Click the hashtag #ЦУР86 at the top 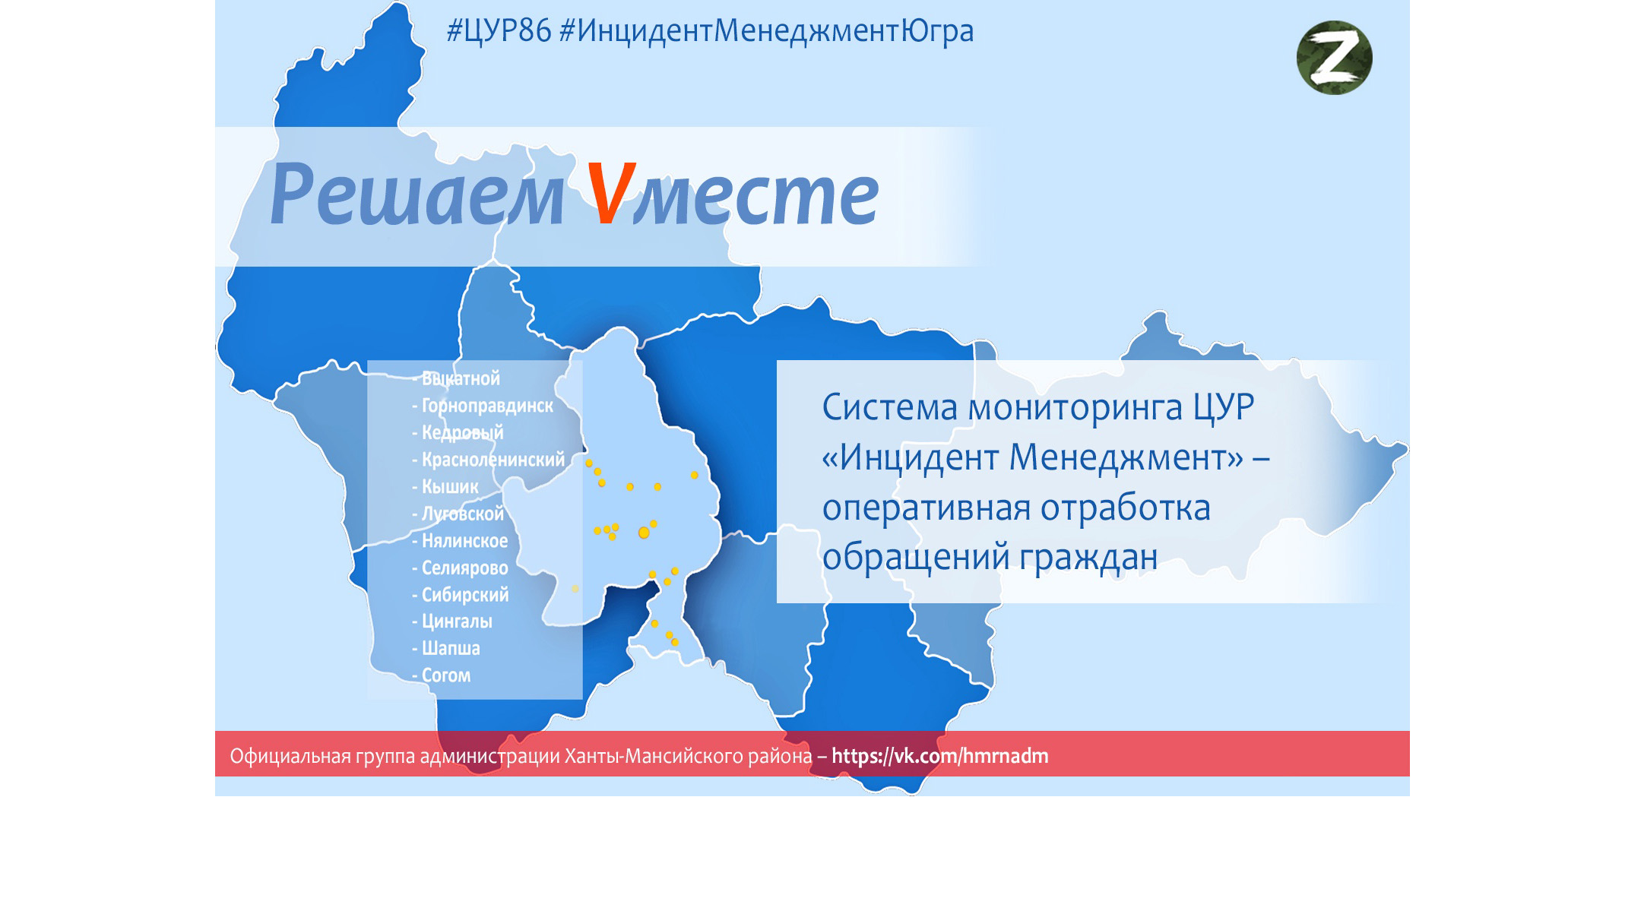pyautogui.click(x=499, y=31)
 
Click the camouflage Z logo pyautogui.click(x=1334, y=58)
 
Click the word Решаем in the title pyautogui.click(x=417, y=195)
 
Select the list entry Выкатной pyautogui.click(x=461, y=378)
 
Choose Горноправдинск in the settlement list pyautogui.click(x=487, y=406)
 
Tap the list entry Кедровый pyautogui.click(x=462, y=432)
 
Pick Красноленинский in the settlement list pyautogui.click(x=493, y=460)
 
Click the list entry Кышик pyautogui.click(x=450, y=487)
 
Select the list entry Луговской pyautogui.click(x=463, y=514)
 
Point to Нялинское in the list pyautogui.click(x=464, y=541)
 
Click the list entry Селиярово pyautogui.click(x=464, y=568)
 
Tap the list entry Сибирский pyautogui.click(x=465, y=595)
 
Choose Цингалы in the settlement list pyautogui.click(x=457, y=621)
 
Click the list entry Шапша pyautogui.click(x=451, y=648)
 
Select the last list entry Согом pyautogui.click(x=446, y=675)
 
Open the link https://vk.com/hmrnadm pyautogui.click(x=940, y=756)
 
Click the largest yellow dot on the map pyautogui.click(x=644, y=533)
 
